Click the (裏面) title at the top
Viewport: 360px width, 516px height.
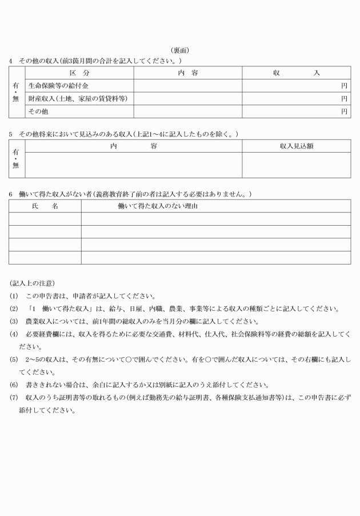180,50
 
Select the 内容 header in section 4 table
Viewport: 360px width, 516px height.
187,73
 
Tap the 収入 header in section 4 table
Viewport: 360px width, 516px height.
297,73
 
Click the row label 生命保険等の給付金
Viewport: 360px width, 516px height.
58,86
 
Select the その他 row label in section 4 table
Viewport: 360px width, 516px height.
38,112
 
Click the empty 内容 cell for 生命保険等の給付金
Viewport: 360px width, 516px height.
187,86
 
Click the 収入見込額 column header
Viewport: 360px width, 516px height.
297,146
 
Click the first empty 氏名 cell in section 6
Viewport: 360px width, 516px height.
45,219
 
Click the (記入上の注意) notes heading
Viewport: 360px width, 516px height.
33,283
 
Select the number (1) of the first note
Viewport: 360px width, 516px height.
13,296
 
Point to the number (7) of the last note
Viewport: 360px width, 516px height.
13,397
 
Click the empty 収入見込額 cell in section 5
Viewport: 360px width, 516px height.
297,165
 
